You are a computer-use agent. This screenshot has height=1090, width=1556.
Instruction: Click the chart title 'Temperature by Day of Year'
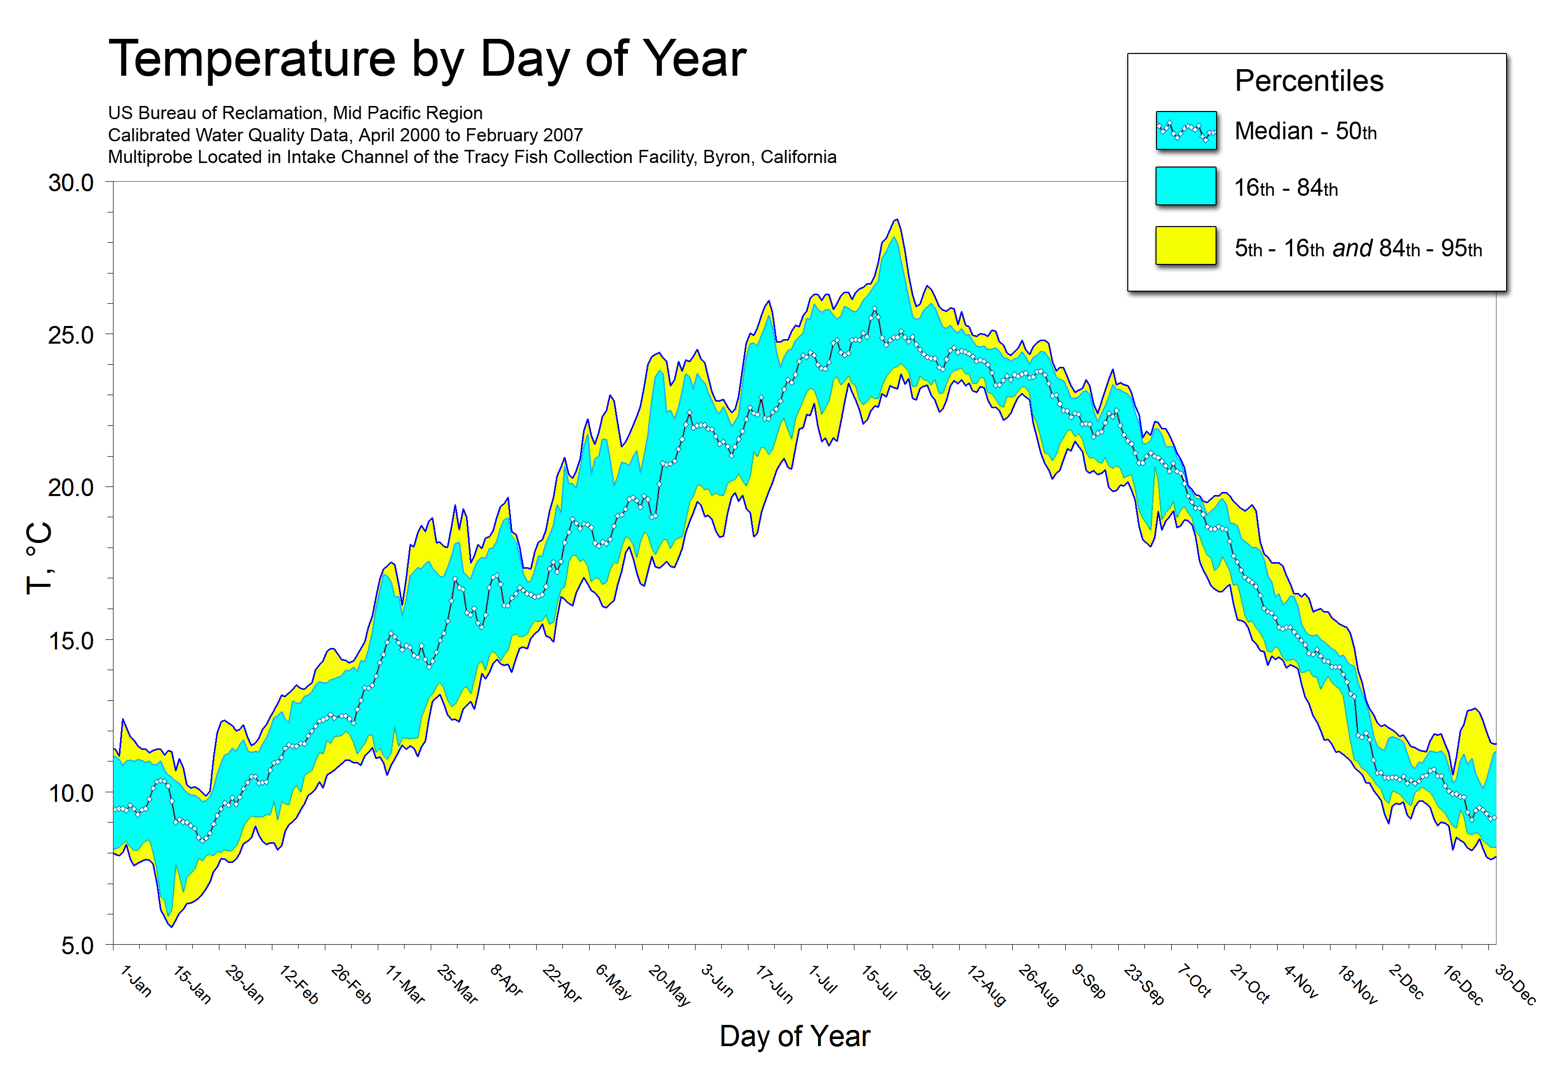427,59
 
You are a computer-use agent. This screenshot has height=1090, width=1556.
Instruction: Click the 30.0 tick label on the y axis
71,183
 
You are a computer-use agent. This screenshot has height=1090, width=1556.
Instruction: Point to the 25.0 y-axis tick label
71,335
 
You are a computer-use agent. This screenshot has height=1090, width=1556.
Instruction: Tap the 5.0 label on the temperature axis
77,946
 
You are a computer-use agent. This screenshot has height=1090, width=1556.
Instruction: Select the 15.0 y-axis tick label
71,640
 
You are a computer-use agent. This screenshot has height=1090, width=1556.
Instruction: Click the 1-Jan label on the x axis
136,981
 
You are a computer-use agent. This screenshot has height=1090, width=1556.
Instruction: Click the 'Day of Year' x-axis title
794,1037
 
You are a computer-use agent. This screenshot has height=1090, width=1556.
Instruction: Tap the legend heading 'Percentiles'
1309,81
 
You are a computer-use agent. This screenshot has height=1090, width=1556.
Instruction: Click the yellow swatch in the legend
1185,245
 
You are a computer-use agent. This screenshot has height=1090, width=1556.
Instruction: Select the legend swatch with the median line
1186,130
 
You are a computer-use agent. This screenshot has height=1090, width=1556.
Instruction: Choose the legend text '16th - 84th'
1286,188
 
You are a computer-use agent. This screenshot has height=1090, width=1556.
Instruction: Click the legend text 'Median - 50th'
1305,131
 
